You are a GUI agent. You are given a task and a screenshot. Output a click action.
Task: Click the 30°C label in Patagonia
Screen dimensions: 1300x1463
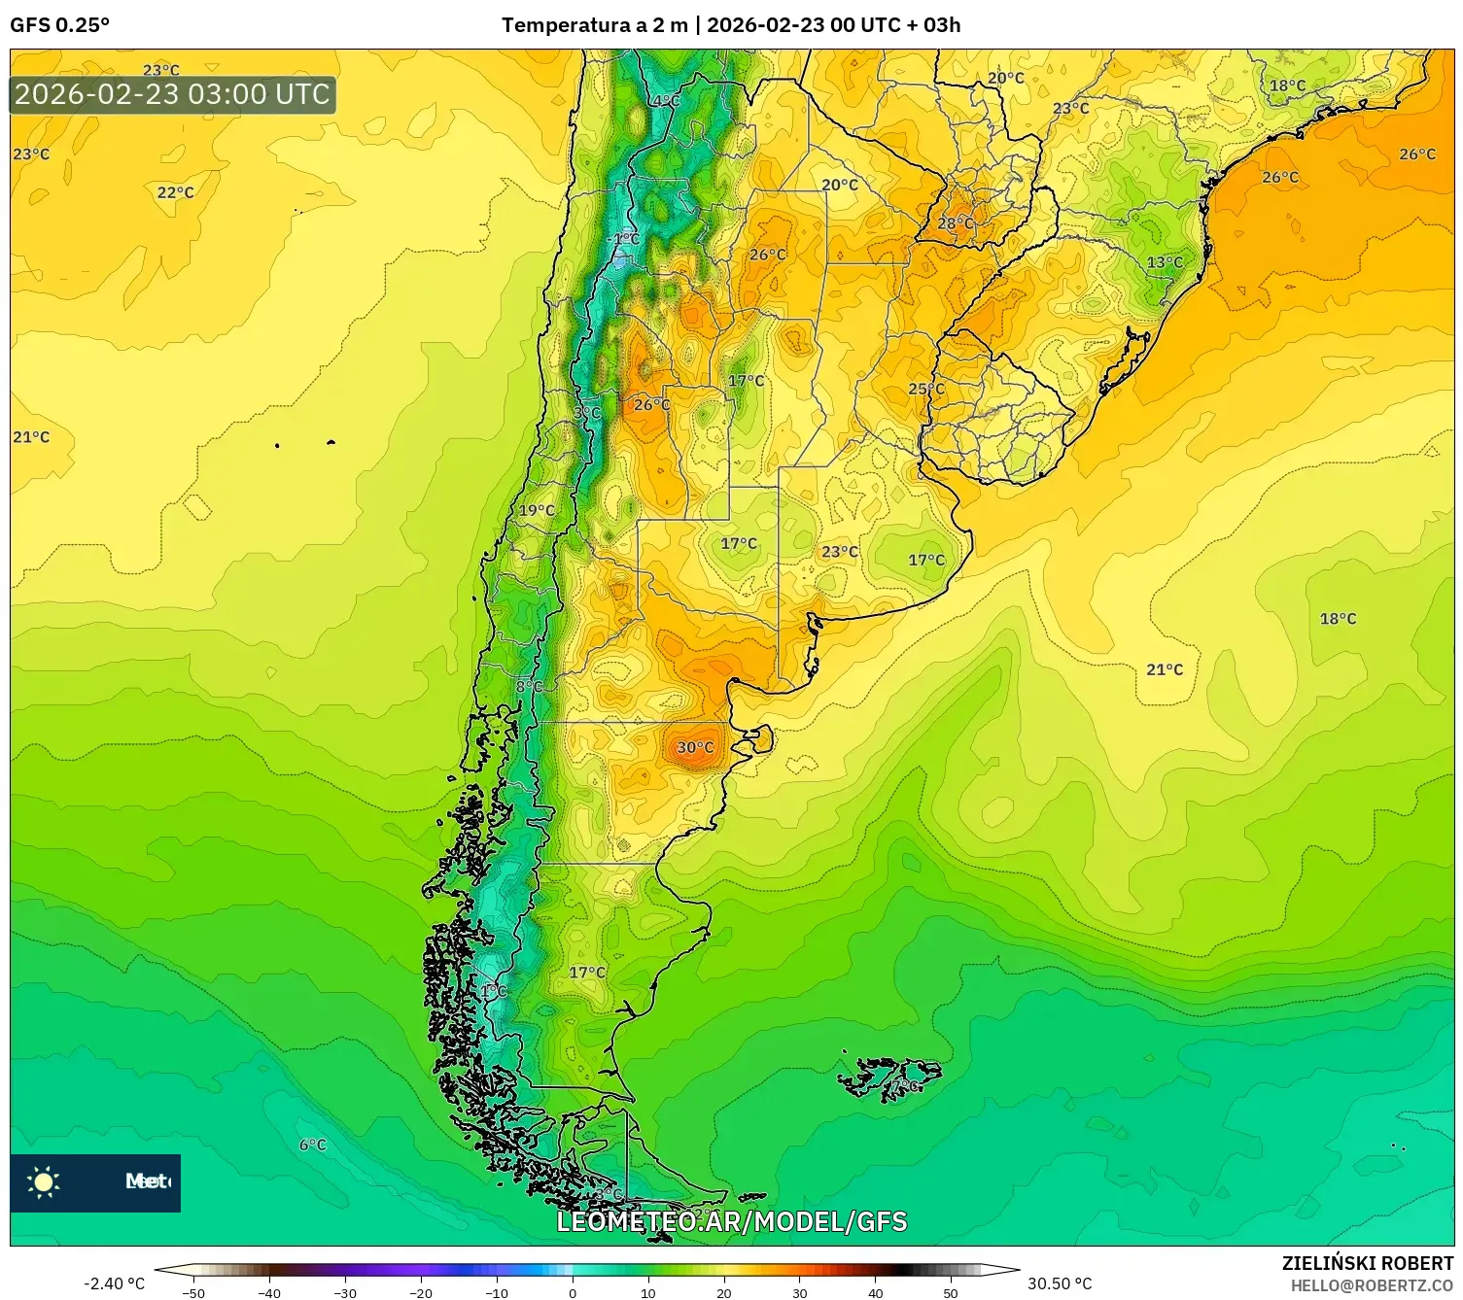point(694,747)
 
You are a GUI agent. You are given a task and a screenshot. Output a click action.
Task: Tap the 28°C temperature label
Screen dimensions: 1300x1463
point(955,223)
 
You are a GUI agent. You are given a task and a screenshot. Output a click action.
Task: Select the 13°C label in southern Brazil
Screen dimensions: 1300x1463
point(1164,262)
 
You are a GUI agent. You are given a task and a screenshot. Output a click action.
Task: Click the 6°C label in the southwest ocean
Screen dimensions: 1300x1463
point(312,1145)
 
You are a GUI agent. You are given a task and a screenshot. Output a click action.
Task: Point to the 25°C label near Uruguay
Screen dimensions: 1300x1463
point(925,389)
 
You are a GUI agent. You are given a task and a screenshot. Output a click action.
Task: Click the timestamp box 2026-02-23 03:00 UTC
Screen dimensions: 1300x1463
point(173,95)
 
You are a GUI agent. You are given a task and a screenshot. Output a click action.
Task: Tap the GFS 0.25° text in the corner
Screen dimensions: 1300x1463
point(59,25)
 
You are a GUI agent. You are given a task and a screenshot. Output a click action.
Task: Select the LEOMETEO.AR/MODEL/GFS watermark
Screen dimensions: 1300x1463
point(731,1221)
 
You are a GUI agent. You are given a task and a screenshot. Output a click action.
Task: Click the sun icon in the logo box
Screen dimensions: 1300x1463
point(44,1181)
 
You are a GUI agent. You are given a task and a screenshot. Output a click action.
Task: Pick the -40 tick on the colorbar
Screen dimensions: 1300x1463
point(269,1293)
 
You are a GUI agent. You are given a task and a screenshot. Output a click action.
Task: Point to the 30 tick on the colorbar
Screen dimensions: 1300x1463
point(799,1293)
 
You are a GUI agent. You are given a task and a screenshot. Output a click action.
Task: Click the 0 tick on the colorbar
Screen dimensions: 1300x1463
point(573,1293)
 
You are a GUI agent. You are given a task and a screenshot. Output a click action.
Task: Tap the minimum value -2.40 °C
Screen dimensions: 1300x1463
point(114,1283)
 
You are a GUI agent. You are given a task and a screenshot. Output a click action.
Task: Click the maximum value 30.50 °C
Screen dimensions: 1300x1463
point(1060,1283)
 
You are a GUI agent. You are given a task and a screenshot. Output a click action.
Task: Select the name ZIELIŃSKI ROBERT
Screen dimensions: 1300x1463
point(1367,1264)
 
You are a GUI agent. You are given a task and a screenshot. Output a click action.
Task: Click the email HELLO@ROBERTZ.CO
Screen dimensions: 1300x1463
point(1372,1285)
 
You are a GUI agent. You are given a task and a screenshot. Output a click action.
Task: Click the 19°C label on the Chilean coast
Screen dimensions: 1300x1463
point(537,510)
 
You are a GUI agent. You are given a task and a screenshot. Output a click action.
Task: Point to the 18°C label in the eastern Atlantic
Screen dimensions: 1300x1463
point(1338,619)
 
